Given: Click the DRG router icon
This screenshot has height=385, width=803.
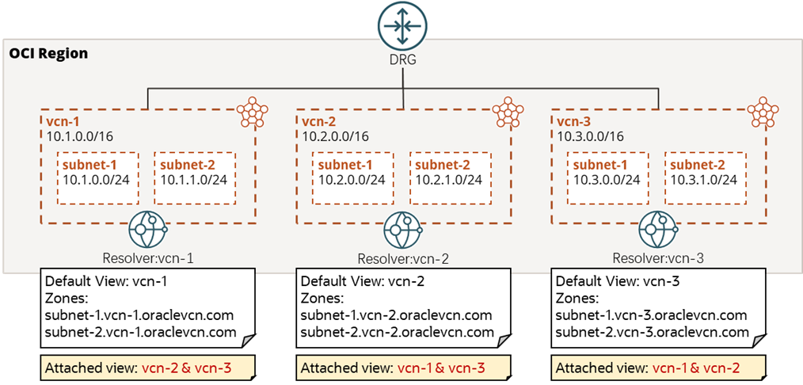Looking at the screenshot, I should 401,24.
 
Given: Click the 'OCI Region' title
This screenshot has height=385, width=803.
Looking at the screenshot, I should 48,54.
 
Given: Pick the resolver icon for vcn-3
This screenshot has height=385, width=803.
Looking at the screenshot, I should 659,231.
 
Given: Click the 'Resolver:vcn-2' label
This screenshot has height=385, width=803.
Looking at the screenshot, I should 403,259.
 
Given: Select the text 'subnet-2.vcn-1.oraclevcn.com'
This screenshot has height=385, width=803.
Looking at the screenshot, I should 140,332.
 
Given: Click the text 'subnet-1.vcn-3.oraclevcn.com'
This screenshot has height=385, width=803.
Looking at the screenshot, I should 651,315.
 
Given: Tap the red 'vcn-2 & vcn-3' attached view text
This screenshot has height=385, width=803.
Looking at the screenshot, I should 194,368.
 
